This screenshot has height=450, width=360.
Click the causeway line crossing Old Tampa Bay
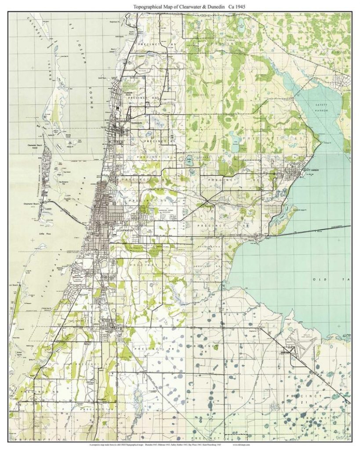[x=308, y=229]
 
